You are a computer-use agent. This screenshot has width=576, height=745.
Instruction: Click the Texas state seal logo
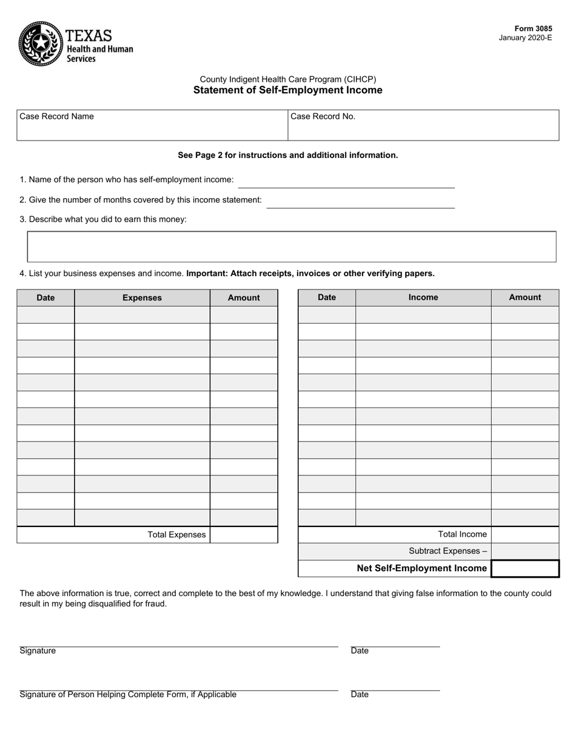[41, 43]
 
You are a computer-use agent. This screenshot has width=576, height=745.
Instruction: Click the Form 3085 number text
[533, 28]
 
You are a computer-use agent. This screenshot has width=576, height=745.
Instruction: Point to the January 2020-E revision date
[525, 38]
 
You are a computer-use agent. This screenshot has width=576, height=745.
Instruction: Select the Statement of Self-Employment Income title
[287, 90]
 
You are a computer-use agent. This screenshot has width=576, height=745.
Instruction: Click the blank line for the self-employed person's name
[346, 181]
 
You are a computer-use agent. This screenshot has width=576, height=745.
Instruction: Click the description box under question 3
[292, 247]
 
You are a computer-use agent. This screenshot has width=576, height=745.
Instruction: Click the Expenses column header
[142, 297]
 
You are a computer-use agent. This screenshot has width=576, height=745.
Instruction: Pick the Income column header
[423, 297]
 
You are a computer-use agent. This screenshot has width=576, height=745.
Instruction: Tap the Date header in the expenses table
[45, 297]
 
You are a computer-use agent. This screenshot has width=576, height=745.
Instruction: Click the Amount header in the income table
[524, 297]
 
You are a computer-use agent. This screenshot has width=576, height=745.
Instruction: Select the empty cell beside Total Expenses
[244, 535]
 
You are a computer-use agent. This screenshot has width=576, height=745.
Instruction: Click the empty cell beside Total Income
[524, 534]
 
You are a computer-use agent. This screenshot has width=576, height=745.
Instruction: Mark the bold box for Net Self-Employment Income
[524, 569]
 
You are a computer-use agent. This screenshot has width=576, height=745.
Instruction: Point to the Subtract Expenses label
[447, 551]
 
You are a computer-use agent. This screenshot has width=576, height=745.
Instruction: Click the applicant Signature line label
[38, 651]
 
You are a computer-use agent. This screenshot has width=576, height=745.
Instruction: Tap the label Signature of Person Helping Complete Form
[128, 695]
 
